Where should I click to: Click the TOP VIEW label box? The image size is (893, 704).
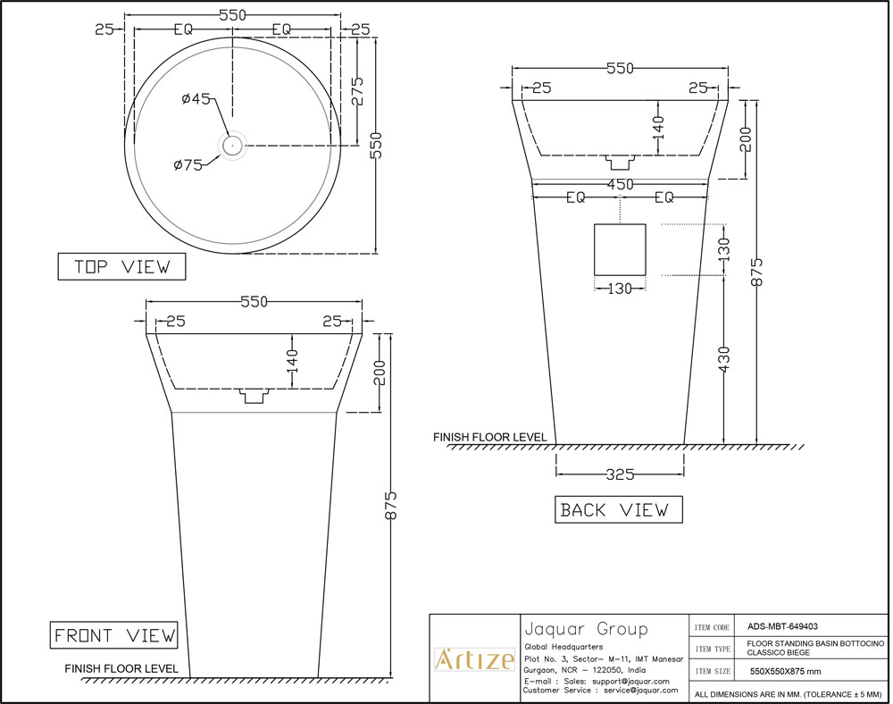point(121,267)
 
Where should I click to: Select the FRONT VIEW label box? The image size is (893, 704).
point(113,635)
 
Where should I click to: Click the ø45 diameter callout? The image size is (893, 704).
point(195,100)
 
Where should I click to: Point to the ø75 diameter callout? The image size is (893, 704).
point(188,164)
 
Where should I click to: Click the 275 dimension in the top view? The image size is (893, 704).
point(357,91)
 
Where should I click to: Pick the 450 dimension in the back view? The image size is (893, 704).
point(620,184)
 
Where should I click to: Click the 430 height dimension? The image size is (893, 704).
point(724,361)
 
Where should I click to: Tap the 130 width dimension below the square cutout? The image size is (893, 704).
point(620,288)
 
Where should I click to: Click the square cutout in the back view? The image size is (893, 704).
point(620,249)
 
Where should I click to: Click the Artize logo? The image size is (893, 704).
point(474,660)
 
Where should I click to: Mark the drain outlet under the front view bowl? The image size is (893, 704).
point(255,395)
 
